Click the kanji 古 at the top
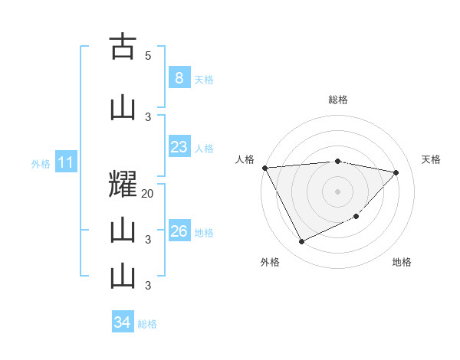tap(123, 47)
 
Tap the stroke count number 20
tap(148, 194)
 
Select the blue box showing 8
tap(179, 77)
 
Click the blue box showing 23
tap(179, 147)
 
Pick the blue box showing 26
tap(179, 231)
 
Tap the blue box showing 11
tap(65, 162)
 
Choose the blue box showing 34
tap(122, 322)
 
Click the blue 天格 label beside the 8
tap(204, 79)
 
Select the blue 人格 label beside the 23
tap(204, 149)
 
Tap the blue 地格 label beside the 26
tap(204, 232)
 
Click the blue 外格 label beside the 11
tap(41, 164)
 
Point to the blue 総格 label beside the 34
tap(147, 324)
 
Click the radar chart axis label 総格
tap(338, 100)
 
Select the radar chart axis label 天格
tap(432, 159)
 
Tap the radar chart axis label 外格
tap(270, 262)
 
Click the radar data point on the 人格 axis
tap(264, 168)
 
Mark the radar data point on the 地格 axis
tap(357, 217)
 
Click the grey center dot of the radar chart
tap(338, 191)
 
